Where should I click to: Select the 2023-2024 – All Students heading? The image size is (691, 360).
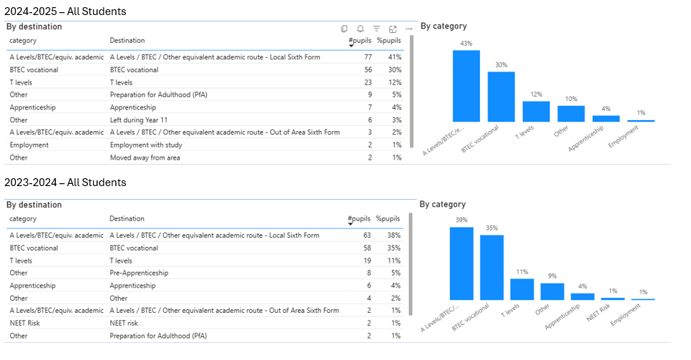tap(65, 183)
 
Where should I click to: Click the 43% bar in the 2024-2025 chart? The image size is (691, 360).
tap(466, 86)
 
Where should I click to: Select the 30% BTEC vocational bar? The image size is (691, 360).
tap(501, 97)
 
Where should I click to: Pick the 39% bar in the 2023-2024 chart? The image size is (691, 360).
tap(461, 263)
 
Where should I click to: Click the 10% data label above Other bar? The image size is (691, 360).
tap(571, 99)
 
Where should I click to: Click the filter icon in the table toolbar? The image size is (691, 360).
tap(377, 29)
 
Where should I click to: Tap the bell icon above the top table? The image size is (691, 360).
tap(361, 29)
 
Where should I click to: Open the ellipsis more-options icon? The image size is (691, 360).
tap(408, 29)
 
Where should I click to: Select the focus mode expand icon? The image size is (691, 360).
tap(393, 29)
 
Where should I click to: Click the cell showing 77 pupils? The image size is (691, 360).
tap(368, 57)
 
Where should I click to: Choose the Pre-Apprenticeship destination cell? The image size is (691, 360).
tap(139, 273)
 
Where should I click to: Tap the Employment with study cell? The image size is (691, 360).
tap(147, 145)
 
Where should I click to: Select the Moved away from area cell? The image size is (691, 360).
tap(144, 157)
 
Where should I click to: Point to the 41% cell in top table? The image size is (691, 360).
tap(394, 57)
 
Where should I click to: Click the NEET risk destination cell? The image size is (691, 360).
tap(127, 323)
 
